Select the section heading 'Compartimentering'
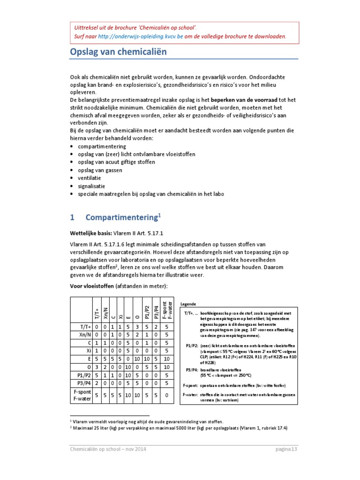[x=123, y=217]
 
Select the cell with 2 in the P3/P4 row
[x=97, y=383]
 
